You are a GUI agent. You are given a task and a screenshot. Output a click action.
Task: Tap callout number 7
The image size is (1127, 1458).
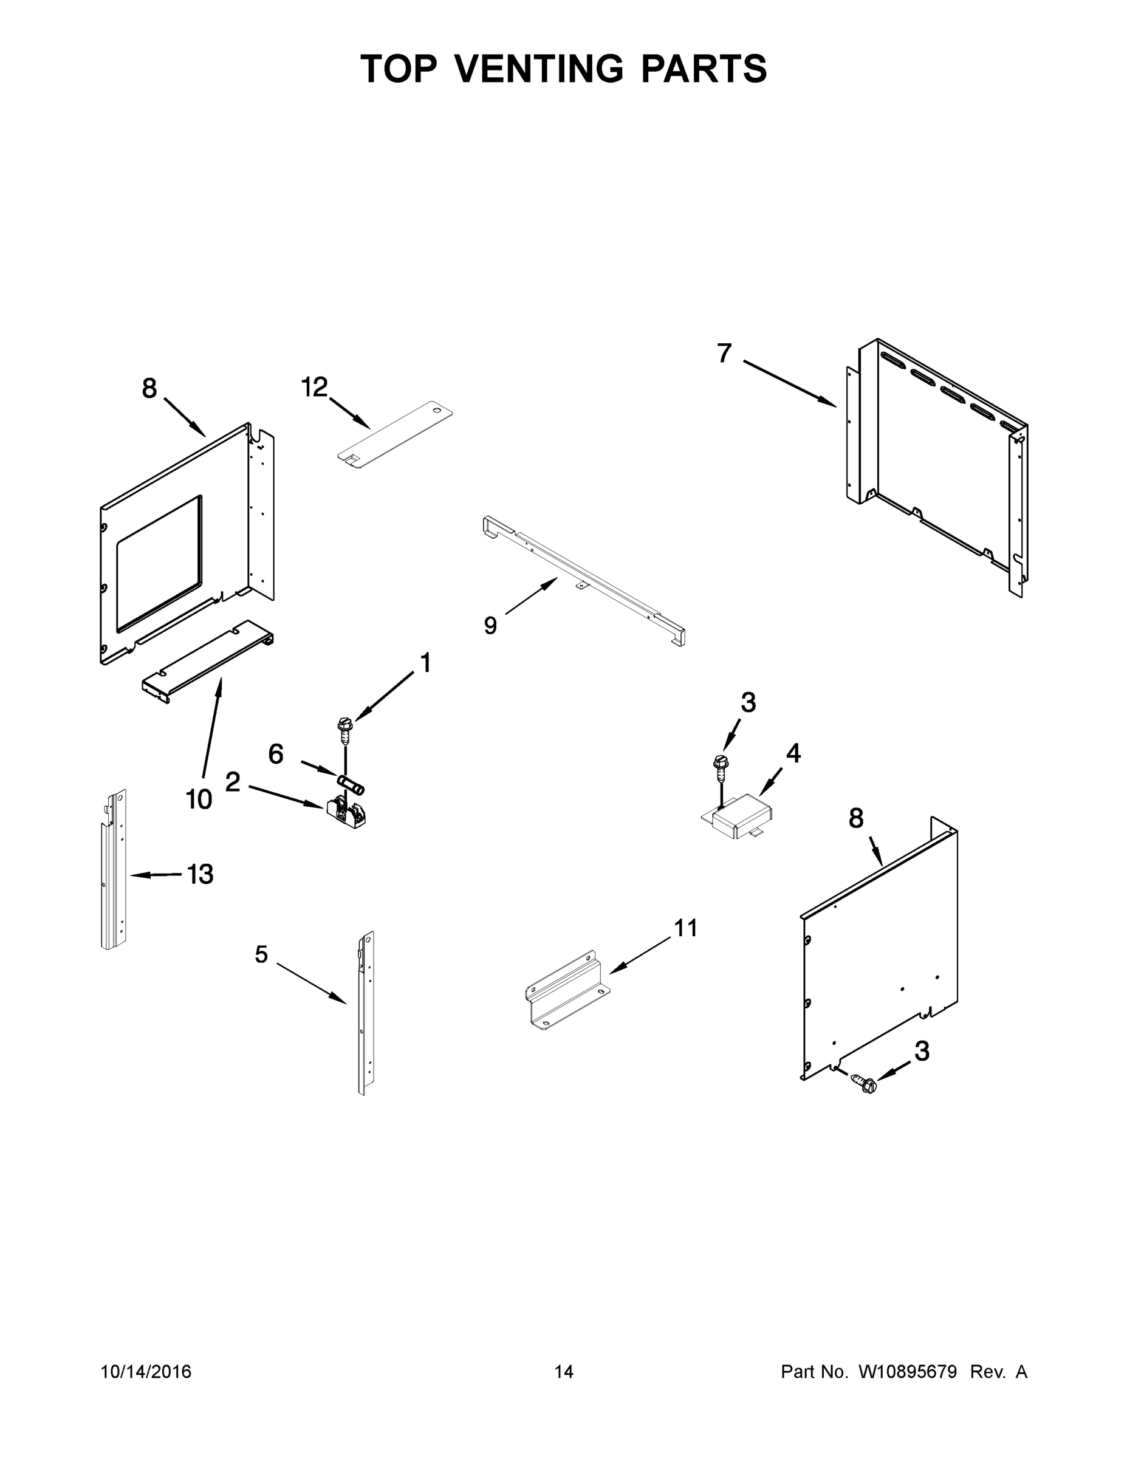[x=724, y=352]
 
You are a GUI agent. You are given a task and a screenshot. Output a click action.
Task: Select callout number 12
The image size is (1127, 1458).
[x=315, y=386]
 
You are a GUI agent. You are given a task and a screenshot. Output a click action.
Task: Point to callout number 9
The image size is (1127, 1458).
[x=491, y=626]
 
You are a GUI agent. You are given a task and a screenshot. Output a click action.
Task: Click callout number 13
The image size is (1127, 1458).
[x=200, y=874]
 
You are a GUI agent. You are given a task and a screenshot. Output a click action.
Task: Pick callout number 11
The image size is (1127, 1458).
[x=686, y=928]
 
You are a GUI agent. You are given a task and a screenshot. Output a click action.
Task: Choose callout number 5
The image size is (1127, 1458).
[x=261, y=954]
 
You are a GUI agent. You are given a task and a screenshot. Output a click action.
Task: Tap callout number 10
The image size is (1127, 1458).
[x=199, y=798]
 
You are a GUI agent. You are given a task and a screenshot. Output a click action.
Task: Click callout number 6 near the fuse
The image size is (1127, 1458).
[x=276, y=754]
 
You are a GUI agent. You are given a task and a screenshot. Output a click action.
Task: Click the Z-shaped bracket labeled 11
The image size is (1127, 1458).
[x=567, y=988]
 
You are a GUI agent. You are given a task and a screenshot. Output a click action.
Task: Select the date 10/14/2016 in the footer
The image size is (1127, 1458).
[x=146, y=1371]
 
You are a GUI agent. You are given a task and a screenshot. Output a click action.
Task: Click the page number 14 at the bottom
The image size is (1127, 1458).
[x=564, y=1371]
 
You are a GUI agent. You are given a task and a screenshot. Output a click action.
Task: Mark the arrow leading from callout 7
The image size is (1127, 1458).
[x=789, y=383]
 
